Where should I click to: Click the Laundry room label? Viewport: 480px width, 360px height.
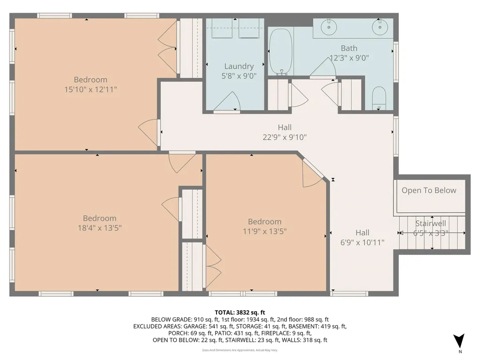[x=239, y=67]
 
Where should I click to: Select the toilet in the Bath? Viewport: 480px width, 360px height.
[x=379, y=98]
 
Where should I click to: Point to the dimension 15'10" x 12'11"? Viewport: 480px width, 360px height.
[x=90, y=89]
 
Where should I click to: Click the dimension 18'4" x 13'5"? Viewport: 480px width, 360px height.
[x=99, y=228]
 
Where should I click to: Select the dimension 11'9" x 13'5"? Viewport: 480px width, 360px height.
[x=264, y=231]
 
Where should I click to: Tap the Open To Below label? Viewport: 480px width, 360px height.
[x=428, y=190]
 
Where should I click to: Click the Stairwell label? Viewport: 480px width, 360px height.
[x=430, y=224]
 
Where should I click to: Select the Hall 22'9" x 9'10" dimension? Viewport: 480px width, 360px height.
[x=285, y=137]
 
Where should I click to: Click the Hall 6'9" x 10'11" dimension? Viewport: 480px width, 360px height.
[x=362, y=242]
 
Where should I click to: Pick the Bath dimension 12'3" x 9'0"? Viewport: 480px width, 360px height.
[x=349, y=58]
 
